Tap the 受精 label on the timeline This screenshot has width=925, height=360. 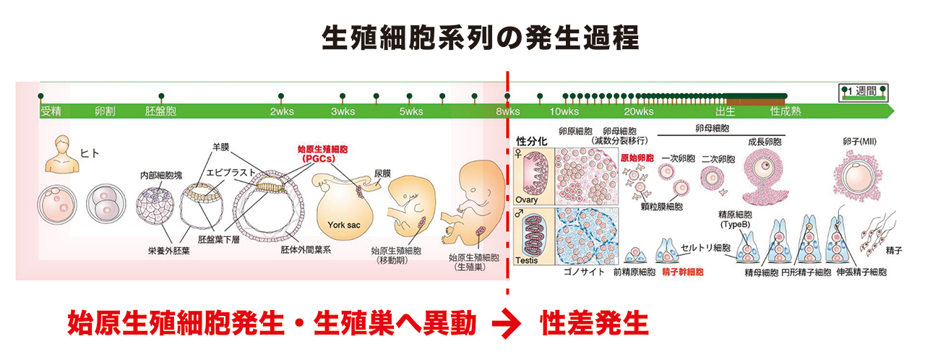(51, 112)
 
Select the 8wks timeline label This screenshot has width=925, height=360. (507, 112)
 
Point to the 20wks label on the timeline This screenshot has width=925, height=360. (639, 112)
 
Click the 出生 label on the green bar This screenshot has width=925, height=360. (725, 112)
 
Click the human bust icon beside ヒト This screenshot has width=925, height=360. (61, 154)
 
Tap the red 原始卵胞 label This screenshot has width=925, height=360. (636, 157)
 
